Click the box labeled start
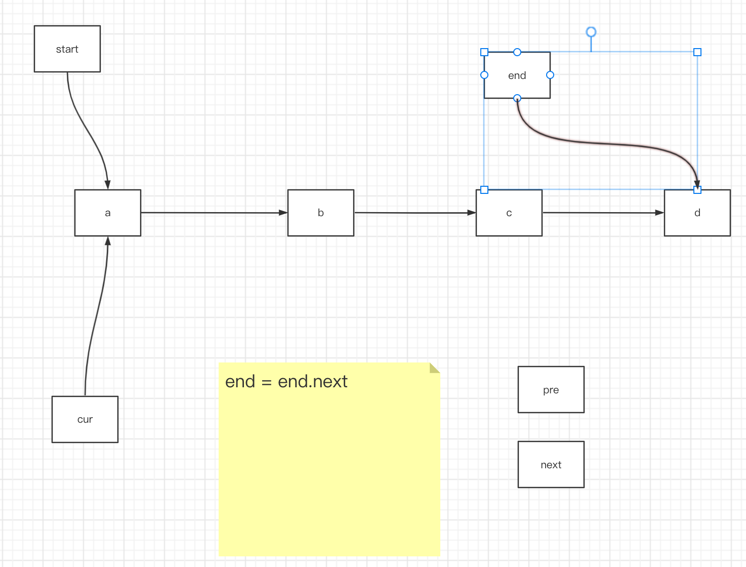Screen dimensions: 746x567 [x=67, y=49]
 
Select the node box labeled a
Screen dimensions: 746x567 [x=108, y=213]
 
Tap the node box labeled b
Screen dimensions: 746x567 [x=321, y=213]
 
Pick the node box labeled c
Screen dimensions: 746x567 [x=509, y=213]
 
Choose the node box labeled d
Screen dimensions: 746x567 [x=697, y=213]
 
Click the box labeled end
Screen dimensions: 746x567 [x=517, y=75]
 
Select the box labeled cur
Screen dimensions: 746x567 [x=85, y=419]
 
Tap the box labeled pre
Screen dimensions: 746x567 [x=551, y=389]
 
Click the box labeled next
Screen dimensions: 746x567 [x=551, y=464]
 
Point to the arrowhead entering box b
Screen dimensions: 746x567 [x=283, y=213]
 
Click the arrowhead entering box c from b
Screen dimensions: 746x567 [x=471, y=213]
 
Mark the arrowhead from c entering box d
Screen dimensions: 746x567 [x=659, y=213]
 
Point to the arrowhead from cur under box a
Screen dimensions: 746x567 [x=108, y=241]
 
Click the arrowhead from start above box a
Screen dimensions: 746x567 [x=108, y=185]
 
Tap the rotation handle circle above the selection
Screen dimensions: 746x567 [x=591, y=32]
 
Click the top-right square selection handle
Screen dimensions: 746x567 [x=697, y=52]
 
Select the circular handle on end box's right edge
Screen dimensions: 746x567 [x=550, y=75]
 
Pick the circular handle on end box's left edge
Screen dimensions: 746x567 [x=484, y=75]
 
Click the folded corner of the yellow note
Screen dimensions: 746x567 [x=435, y=368]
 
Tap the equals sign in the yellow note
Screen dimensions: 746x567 [x=266, y=382]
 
